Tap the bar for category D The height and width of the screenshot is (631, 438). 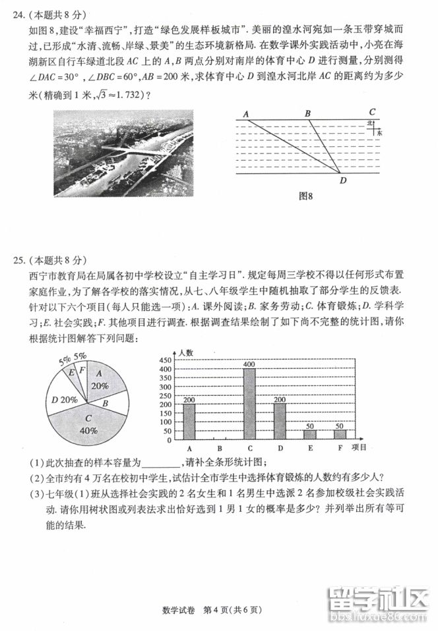[x=280, y=421]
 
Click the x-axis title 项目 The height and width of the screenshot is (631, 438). [x=360, y=447]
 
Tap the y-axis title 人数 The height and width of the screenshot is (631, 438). [x=185, y=353]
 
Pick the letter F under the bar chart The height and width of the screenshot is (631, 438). [x=340, y=448]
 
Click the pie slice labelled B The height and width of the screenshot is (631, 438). [x=106, y=400]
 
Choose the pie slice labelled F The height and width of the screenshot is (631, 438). [x=81, y=370]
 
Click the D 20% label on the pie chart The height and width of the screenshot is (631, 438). [x=65, y=399]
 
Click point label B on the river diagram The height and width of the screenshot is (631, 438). [x=307, y=113]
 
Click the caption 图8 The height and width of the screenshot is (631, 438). [x=305, y=196]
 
